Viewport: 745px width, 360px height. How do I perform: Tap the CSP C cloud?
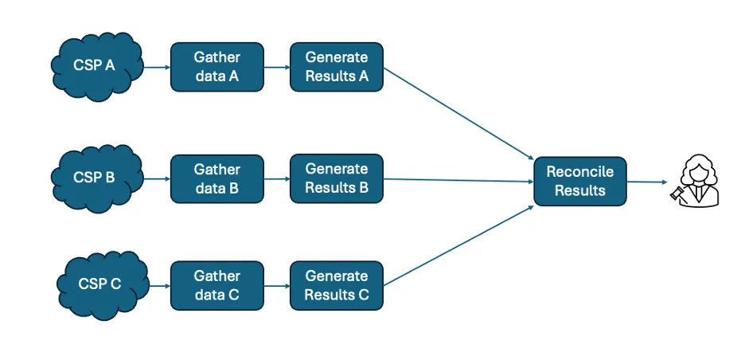tap(101, 284)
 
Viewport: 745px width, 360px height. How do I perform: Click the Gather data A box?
tap(217, 67)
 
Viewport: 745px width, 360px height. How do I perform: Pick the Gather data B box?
tap(217, 178)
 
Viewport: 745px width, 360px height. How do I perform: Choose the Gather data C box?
tap(217, 285)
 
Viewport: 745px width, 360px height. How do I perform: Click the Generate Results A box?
tap(337, 67)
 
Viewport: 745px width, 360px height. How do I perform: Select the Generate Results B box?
tap(337, 178)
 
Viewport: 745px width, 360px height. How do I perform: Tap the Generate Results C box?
tap(337, 285)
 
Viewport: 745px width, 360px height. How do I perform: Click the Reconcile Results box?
tap(580, 182)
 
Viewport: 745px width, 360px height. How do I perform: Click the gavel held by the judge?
tap(677, 193)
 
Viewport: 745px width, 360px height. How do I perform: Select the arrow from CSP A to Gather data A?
tap(157, 67)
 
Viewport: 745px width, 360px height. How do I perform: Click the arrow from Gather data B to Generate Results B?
tap(277, 178)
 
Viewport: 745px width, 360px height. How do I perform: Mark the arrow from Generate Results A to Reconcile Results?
tap(458, 112)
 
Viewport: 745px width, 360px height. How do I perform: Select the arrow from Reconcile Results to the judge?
tap(646, 182)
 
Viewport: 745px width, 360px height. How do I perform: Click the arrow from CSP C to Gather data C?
tap(159, 285)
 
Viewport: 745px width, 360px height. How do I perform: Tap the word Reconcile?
tap(579, 172)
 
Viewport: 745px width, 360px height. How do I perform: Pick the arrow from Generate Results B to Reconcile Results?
tap(458, 181)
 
